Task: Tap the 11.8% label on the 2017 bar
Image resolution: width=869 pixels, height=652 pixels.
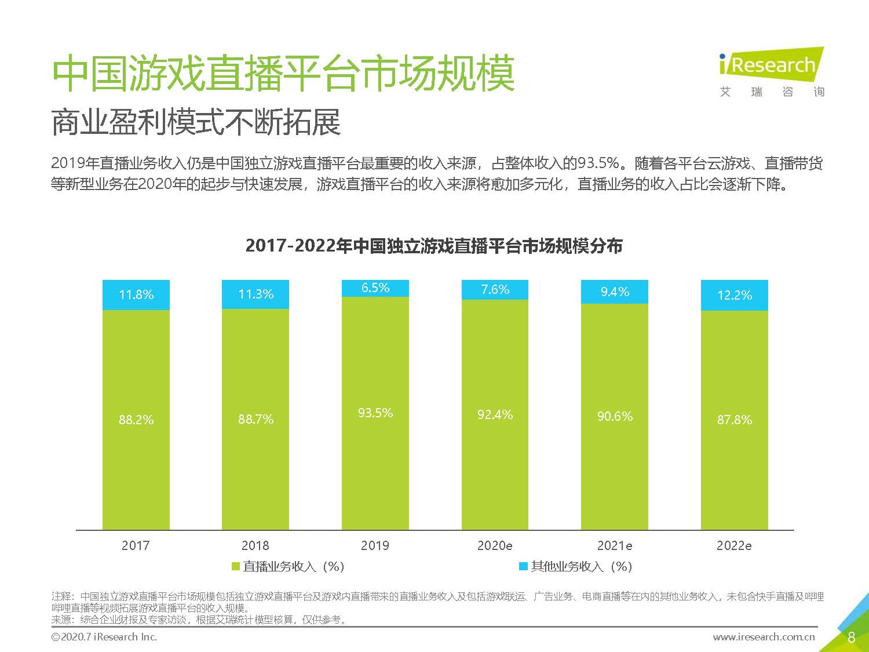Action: point(136,295)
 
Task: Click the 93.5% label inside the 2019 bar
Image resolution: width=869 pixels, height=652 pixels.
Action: point(375,413)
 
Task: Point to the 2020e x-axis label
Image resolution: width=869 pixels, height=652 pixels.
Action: point(494,546)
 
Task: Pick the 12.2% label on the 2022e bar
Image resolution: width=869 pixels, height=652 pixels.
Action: point(734,296)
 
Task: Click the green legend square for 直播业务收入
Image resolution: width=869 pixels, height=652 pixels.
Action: point(236,566)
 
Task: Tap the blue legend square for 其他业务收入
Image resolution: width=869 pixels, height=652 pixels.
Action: point(523,566)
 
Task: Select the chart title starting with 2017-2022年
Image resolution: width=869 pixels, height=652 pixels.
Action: point(434,246)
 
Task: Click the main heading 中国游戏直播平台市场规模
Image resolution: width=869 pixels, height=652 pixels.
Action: point(283,74)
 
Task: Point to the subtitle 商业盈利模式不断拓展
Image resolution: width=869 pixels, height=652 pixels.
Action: point(196,123)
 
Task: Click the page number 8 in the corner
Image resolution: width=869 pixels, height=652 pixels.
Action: point(851,638)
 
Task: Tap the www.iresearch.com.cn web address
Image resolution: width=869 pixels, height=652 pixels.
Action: point(763,637)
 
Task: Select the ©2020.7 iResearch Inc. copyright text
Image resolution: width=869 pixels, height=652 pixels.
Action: point(104,637)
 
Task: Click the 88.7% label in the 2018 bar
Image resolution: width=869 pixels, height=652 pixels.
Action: point(255,420)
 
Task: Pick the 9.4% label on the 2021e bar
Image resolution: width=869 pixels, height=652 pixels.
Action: point(615,292)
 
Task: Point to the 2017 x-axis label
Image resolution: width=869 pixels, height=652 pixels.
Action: point(136,546)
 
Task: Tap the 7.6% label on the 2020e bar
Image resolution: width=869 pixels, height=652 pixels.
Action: point(495,290)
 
